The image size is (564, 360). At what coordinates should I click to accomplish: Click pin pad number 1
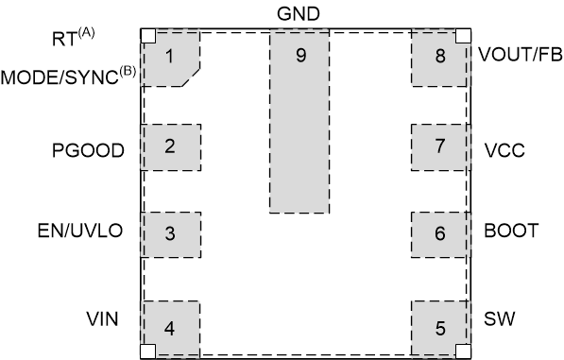pos(170,56)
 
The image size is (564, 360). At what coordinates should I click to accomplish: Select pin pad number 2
pos(170,146)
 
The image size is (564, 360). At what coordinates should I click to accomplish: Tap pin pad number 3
pos(170,233)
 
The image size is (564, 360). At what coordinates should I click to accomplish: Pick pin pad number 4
pos(170,329)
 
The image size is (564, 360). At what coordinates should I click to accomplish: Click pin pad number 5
pos(440,329)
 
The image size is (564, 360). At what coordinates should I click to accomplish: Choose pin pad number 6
pos(440,233)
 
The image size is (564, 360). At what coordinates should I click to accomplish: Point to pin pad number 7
pos(440,146)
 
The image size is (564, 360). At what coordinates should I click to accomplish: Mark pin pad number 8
pos(440,56)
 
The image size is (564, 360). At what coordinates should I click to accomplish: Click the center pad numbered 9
pos(300,118)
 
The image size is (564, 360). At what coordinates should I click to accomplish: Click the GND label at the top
pos(300,13)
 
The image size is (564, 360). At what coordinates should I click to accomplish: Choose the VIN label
pos(100,319)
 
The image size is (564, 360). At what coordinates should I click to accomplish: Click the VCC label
pos(504,149)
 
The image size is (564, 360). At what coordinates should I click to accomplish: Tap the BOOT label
pos(510,231)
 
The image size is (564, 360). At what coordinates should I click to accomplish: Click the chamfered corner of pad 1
pos(192,77)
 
